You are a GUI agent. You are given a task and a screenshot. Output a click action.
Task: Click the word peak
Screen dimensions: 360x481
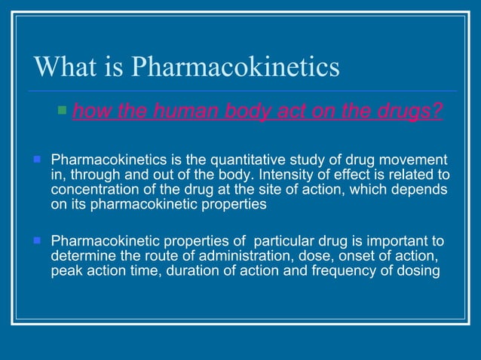click(66, 271)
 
